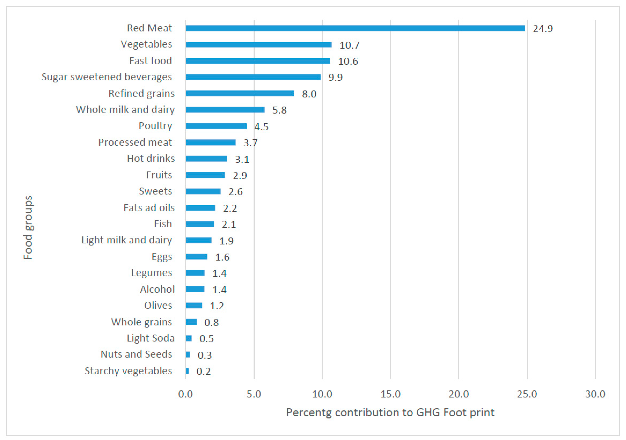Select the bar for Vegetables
(259, 44)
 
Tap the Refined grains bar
(240, 94)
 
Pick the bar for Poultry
(216, 126)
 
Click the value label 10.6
(348, 61)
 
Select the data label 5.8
(280, 110)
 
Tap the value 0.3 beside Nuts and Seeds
(205, 355)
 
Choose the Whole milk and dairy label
(125, 110)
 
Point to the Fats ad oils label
(149, 208)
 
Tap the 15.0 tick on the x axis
(390, 394)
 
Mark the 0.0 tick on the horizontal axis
(185, 394)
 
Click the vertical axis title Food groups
(28, 228)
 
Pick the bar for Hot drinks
(206, 159)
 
